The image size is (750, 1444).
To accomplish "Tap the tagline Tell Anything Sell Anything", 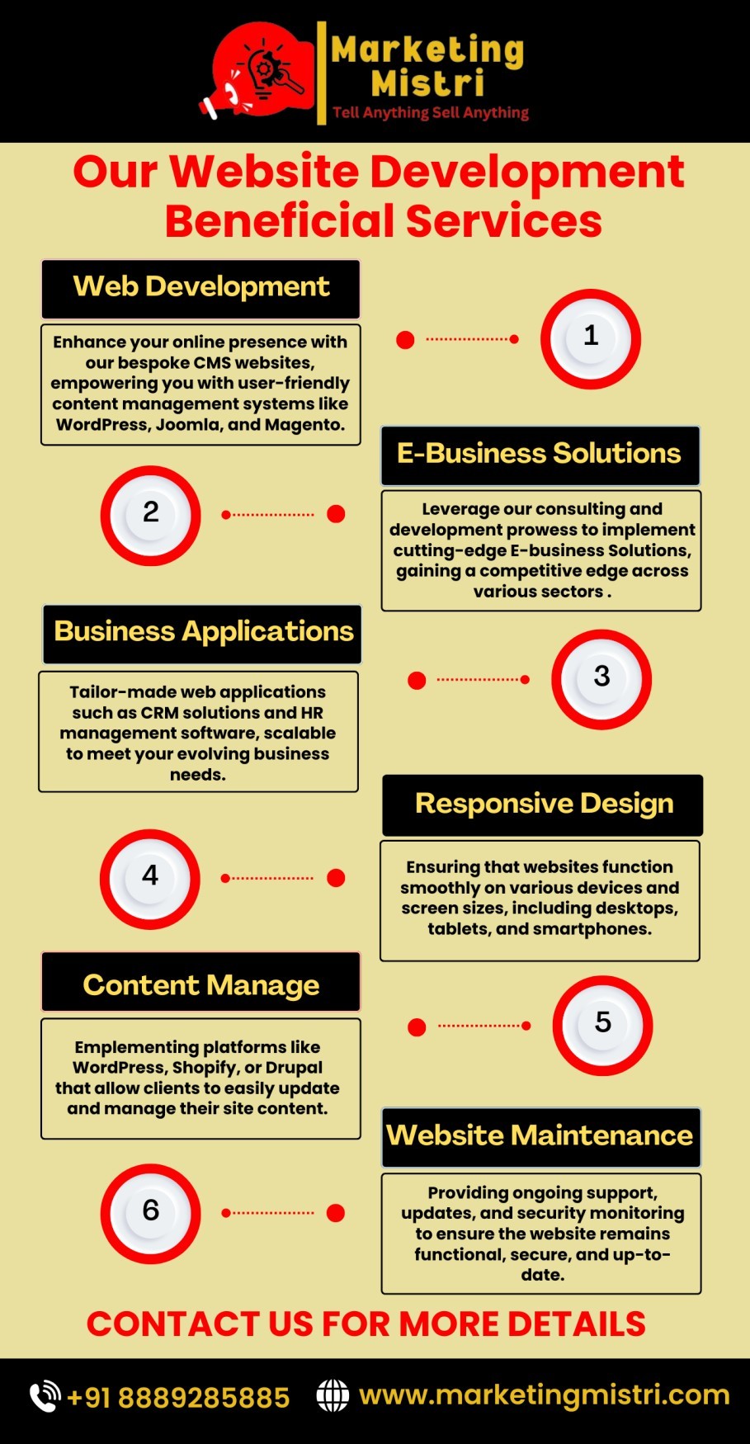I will point(430,112).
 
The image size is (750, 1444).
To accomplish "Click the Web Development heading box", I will point(200,288).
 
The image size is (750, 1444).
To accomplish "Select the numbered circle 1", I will point(591,338).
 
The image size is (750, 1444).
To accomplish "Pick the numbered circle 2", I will point(150,515).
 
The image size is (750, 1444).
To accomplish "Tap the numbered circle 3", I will point(601,678).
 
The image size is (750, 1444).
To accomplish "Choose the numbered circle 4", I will point(150,878).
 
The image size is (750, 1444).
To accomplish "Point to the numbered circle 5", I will point(602,1025).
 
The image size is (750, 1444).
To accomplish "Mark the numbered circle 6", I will point(150,1213).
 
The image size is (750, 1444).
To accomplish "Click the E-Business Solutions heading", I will point(540,455).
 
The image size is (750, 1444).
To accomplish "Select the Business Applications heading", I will point(203,633).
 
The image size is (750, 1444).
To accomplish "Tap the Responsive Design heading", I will point(543,805).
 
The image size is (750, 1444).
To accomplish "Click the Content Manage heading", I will point(200,984).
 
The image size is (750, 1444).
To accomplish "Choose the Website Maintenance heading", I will point(540,1136).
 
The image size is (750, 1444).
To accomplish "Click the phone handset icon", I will point(45,1396).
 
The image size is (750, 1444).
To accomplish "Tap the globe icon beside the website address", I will point(333,1395).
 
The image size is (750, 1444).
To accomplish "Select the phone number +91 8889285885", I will point(178,1397).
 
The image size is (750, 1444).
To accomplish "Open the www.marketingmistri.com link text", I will point(545,1394).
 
